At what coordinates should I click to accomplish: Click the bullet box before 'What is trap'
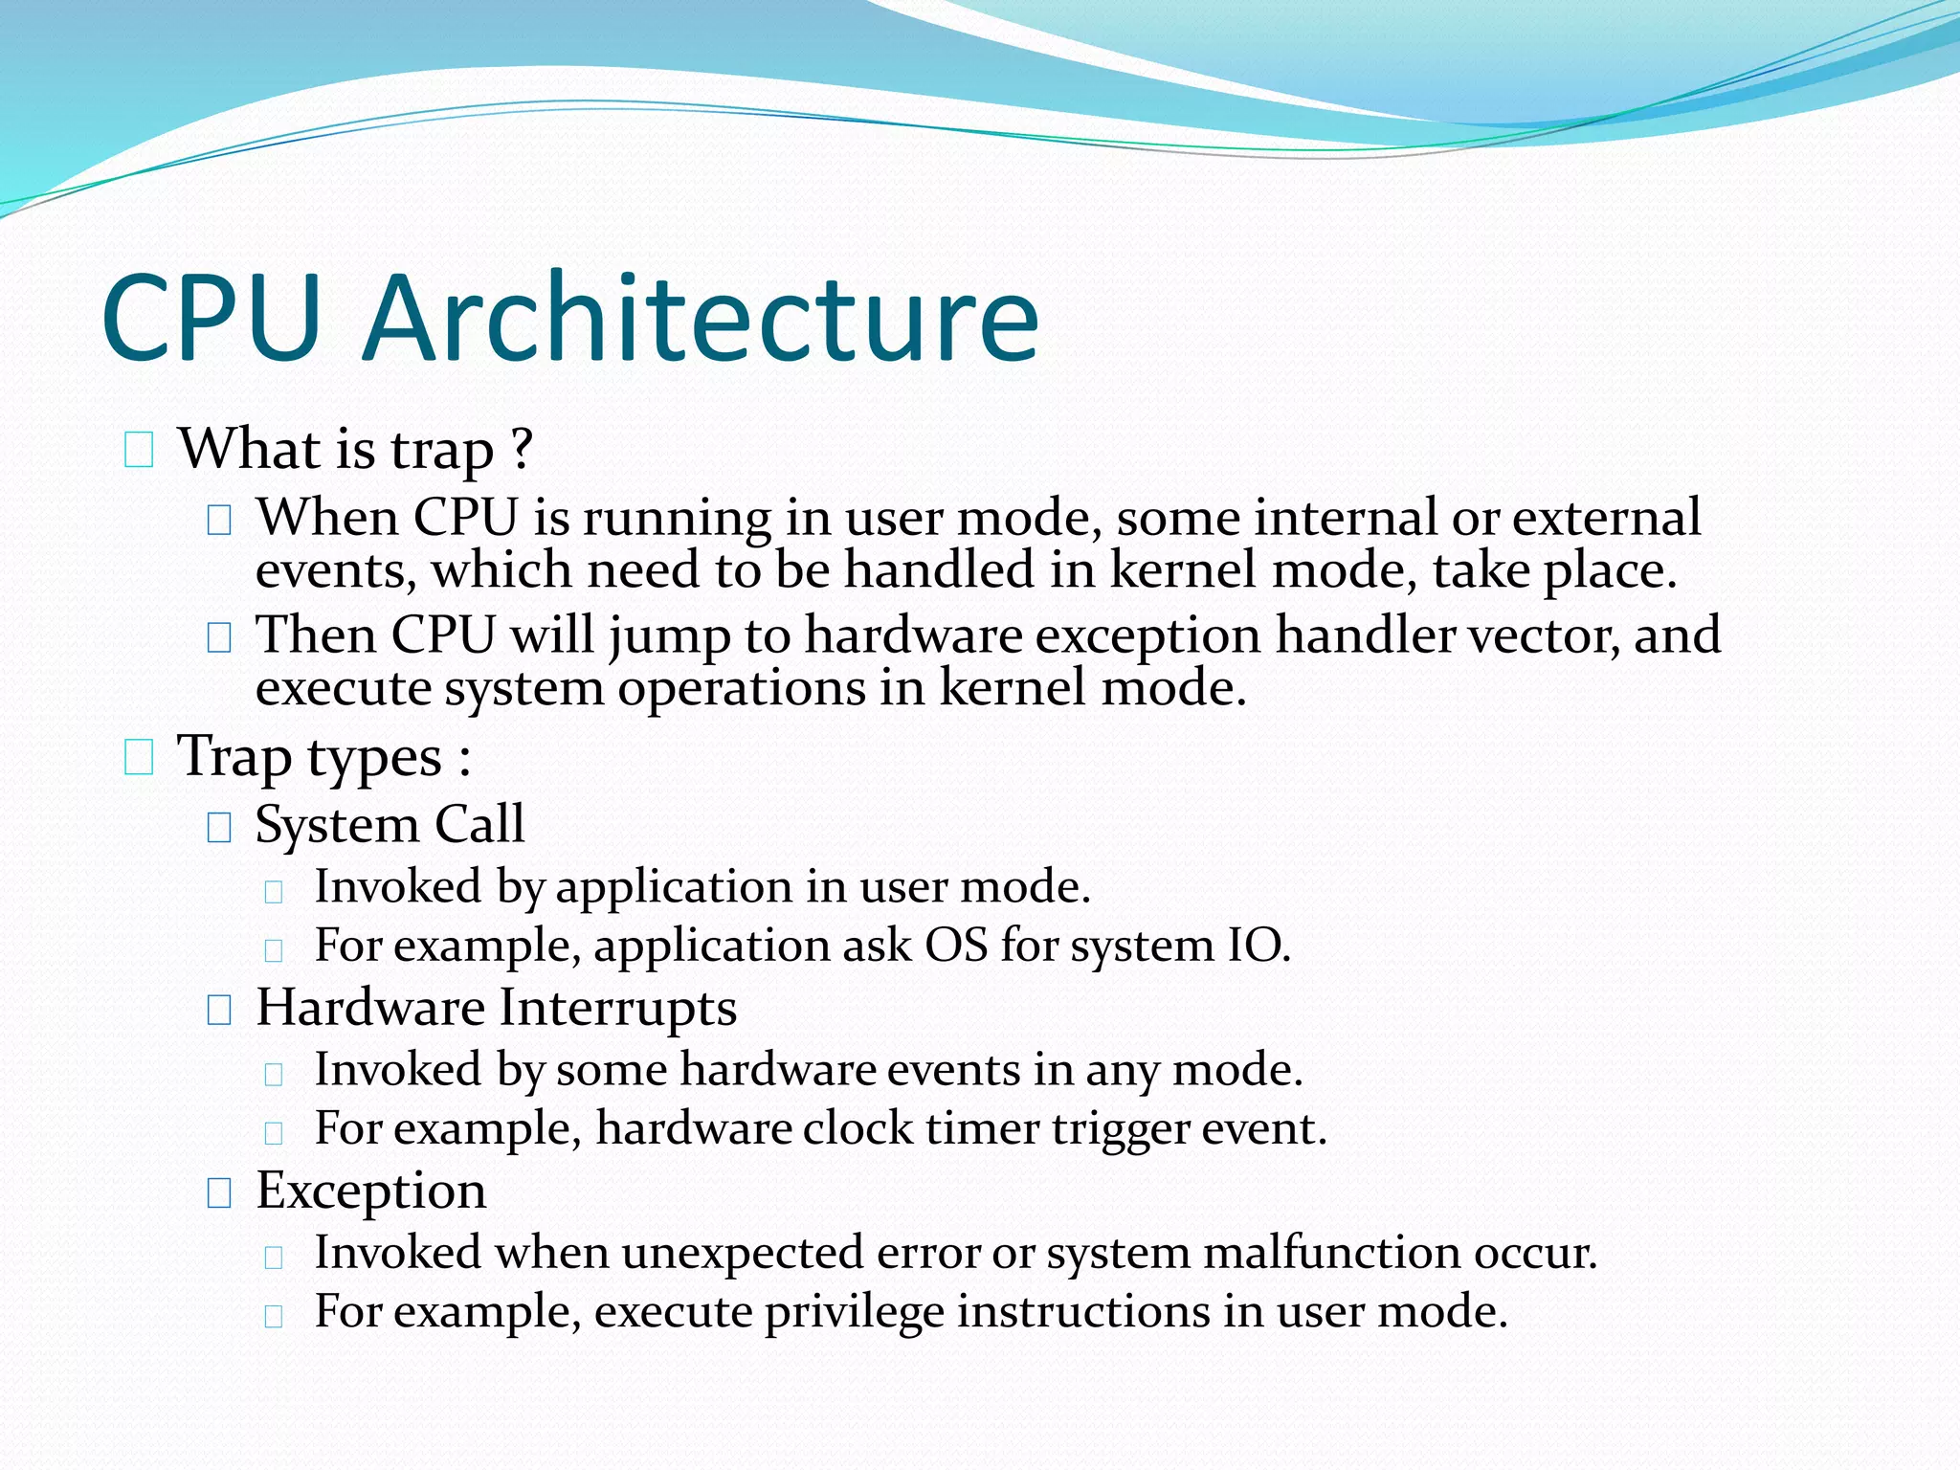click(139, 450)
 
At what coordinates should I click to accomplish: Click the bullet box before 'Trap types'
click(139, 758)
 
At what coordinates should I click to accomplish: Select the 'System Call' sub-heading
click(390, 824)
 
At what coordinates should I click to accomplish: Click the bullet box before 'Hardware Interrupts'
click(219, 1010)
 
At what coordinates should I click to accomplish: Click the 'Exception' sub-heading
click(371, 1191)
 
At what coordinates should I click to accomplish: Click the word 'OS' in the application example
click(955, 946)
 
